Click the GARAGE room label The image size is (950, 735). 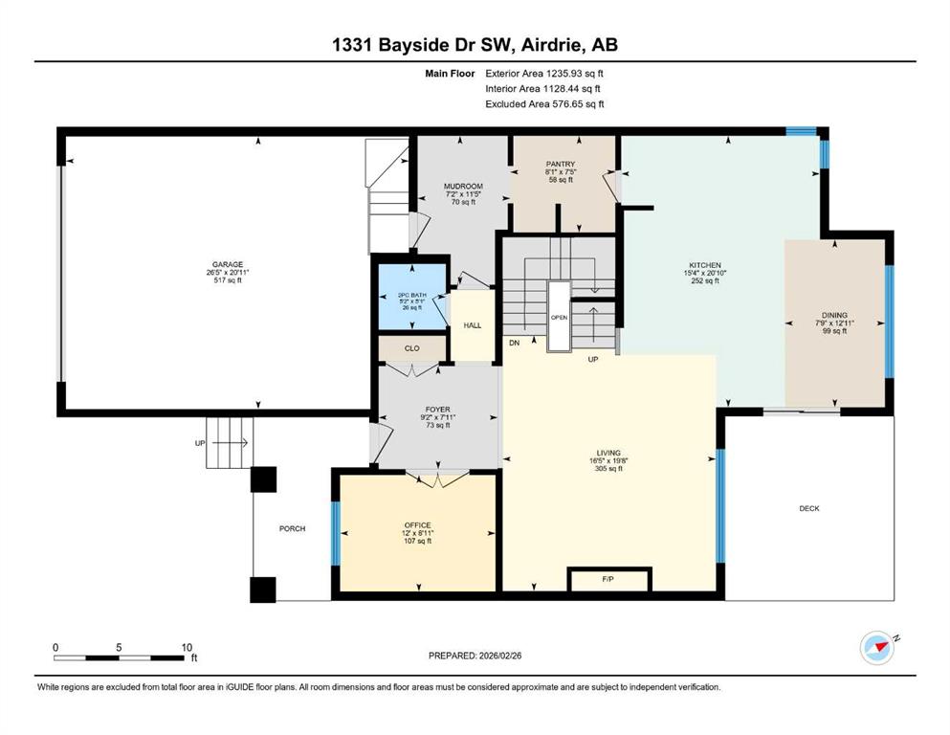[x=227, y=264]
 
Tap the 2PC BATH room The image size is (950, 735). [x=413, y=297]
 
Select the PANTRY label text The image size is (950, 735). [x=561, y=165]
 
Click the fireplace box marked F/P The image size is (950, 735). [x=608, y=579]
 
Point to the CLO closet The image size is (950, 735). [x=412, y=348]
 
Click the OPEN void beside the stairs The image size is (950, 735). [x=559, y=316]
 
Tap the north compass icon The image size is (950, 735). [x=878, y=647]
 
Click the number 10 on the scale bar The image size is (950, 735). [x=187, y=647]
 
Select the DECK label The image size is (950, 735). [x=809, y=508]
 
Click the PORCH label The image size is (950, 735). [x=292, y=528]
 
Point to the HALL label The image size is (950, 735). [x=473, y=325]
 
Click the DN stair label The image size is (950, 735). [x=515, y=343]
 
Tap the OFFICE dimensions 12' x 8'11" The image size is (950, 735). [x=417, y=533]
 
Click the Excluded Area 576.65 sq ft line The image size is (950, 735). [x=544, y=104]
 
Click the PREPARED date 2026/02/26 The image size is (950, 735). [x=499, y=656]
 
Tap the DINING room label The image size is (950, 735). [x=834, y=315]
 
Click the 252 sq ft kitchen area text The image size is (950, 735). [x=705, y=280]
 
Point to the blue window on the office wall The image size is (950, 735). [x=335, y=534]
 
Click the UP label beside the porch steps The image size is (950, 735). [x=200, y=443]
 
